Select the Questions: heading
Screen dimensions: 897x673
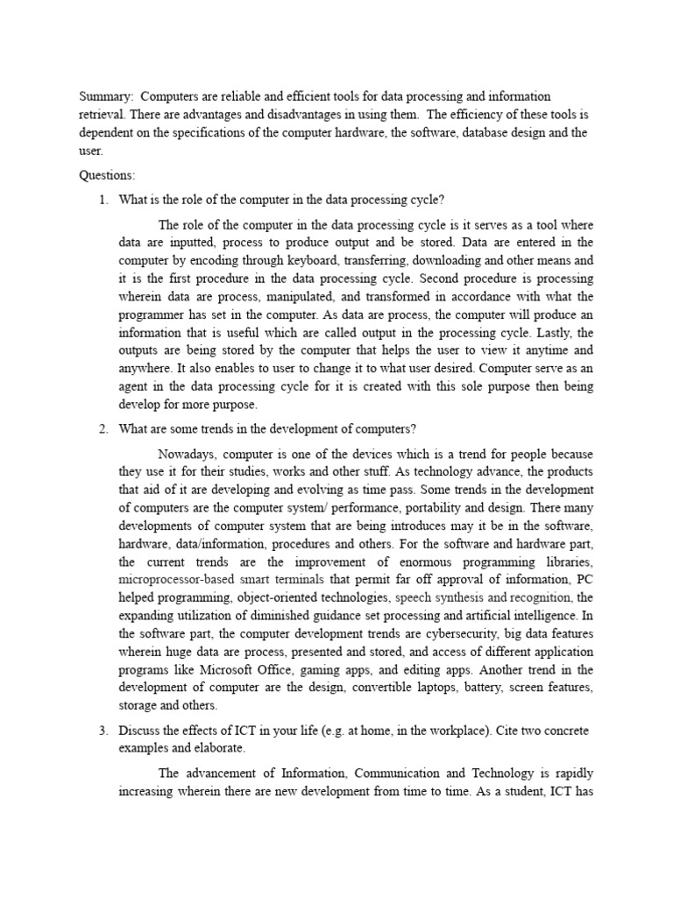tap(108, 175)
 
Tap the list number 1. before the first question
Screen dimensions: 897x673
tap(103, 200)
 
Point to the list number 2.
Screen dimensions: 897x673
tap(103, 428)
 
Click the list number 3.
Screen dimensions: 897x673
tap(103, 732)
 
